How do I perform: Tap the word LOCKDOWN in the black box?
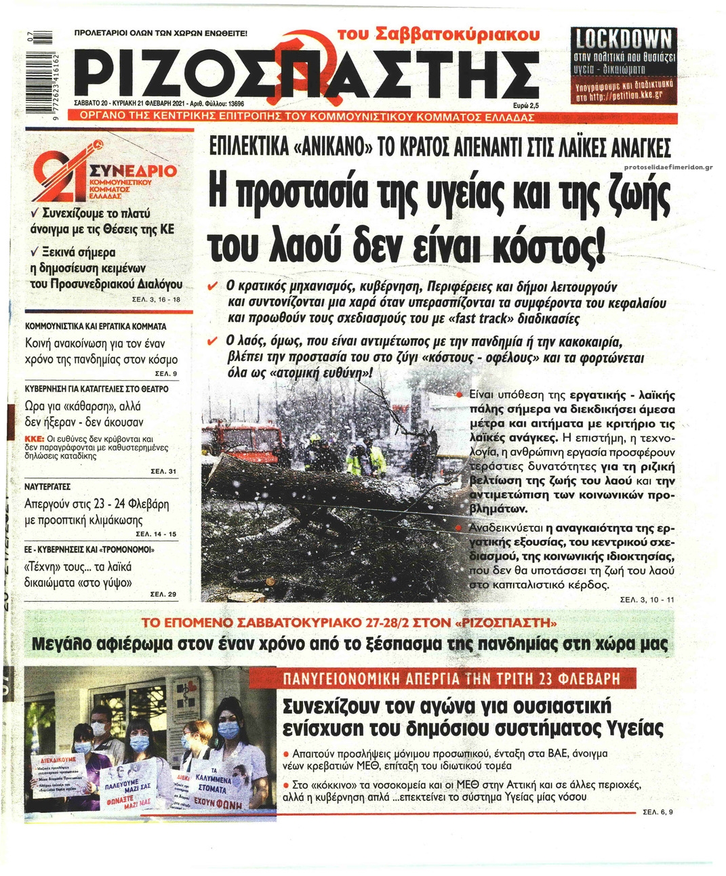[x=624, y=39]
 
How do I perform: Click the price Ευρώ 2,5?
[x=525, y=106]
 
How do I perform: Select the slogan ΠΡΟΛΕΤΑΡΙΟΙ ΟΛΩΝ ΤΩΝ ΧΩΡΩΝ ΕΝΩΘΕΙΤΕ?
[x=160, y=33]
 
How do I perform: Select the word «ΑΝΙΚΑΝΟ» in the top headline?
[x=327, y=147]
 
